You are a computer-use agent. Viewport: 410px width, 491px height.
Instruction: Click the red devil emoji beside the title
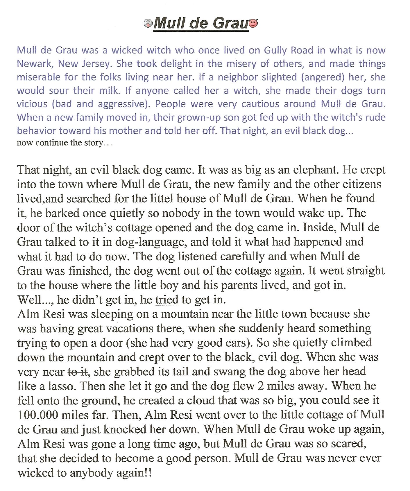253,24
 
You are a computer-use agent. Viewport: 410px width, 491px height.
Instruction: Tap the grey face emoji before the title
148,23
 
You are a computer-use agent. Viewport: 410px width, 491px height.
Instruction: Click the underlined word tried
167,300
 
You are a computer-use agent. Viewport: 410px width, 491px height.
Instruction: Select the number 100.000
38,415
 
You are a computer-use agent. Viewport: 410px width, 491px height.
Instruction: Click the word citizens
362,184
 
